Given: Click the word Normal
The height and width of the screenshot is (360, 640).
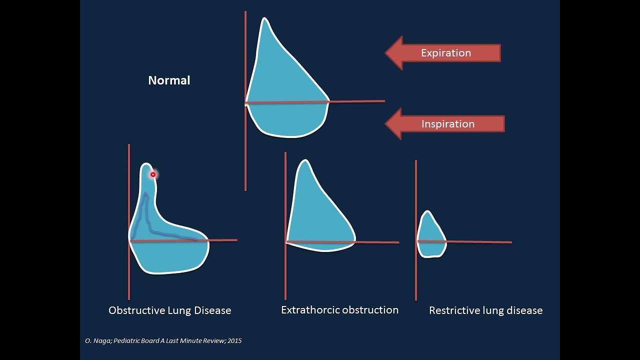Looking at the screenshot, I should [169, 80].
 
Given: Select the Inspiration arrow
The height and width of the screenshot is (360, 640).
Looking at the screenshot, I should [445, 124].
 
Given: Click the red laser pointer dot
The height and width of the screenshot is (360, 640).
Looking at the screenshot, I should [153, 174].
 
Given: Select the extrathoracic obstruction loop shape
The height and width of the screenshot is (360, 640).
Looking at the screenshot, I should [317, 220].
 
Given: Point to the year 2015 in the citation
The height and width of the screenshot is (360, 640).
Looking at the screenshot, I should [234, 341].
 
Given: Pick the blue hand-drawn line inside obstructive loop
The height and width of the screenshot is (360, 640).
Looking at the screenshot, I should [146, 215].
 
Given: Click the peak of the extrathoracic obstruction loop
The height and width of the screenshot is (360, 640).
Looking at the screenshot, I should [304, 160].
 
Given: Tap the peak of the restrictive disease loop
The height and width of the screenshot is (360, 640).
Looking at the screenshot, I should [427, 211].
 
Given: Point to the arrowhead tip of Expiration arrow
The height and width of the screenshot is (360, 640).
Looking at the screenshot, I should [386, 53].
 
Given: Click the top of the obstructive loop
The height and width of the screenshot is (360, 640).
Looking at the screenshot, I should [146, 163].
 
